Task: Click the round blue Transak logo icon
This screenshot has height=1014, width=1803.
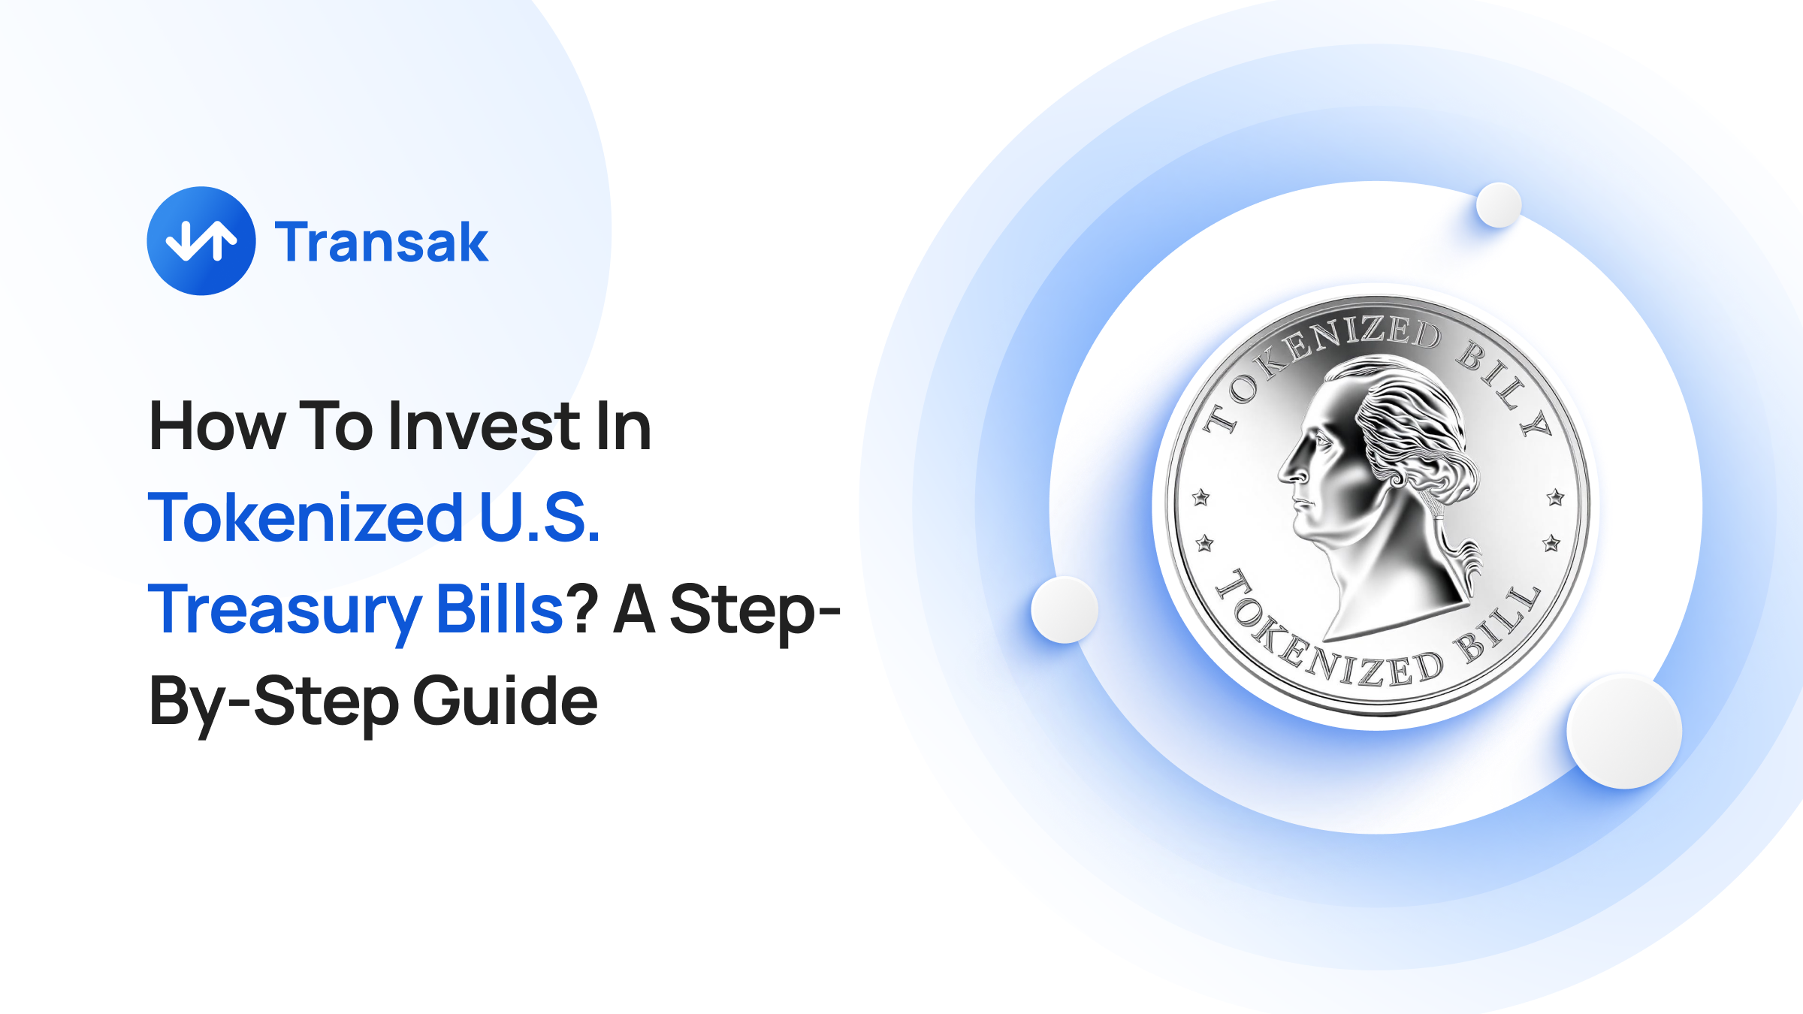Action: point(201,241)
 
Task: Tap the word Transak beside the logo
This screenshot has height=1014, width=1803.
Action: point(382,243)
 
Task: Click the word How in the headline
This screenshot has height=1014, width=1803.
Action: point(217,427)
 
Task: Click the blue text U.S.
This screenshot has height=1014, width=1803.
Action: point(539,518)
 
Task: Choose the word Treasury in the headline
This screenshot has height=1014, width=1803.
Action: point(285,610)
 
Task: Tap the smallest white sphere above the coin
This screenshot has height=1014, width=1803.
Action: point(1499,204)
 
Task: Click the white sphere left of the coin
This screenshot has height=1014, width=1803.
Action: point(1065,610)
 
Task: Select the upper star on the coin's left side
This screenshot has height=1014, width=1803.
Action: point(1201,497)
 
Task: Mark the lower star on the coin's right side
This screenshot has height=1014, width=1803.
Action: point(1552,543)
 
